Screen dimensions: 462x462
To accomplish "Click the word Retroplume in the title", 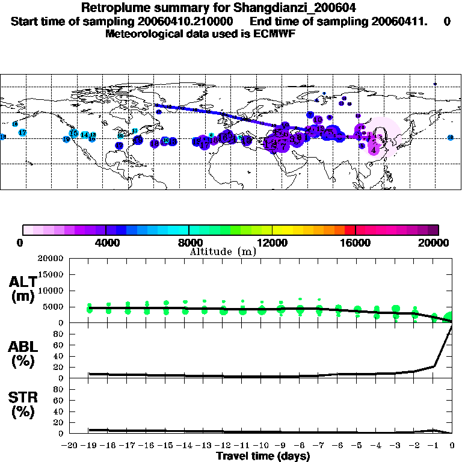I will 110,8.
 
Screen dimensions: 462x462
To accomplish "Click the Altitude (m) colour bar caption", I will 223,251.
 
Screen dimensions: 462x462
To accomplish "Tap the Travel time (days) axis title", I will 263,456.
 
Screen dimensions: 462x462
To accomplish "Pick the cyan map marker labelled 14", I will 85,135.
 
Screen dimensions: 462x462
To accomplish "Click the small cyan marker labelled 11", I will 135,131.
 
